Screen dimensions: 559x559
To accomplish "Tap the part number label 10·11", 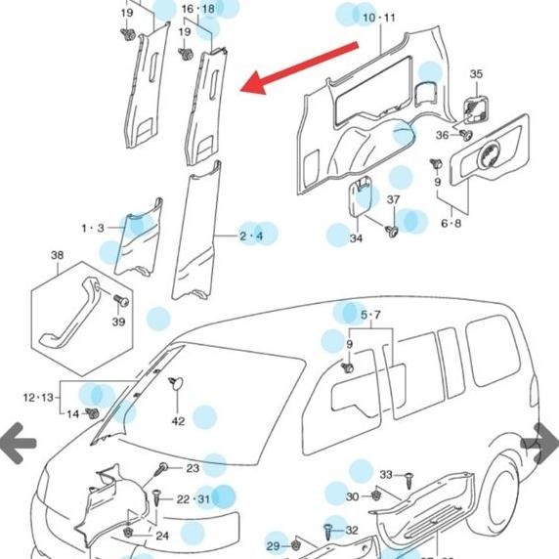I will tap(379, 18).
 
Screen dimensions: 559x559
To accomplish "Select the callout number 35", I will tap(476, 74).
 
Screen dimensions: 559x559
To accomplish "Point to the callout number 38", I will tap(57, 256).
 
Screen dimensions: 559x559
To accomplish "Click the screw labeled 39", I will tap(120, 299).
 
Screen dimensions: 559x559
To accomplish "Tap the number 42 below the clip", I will tap(178, 421).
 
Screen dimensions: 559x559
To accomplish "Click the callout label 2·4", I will tap(252, 236).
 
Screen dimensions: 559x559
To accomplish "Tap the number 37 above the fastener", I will tap(394, 199).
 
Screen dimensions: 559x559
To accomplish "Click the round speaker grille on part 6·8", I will tap(488, 152).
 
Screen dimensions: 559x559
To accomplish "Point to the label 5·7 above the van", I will tap(371, 315).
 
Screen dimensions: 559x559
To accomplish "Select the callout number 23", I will tap(193, 469).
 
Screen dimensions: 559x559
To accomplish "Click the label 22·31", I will tap(193, 499).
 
